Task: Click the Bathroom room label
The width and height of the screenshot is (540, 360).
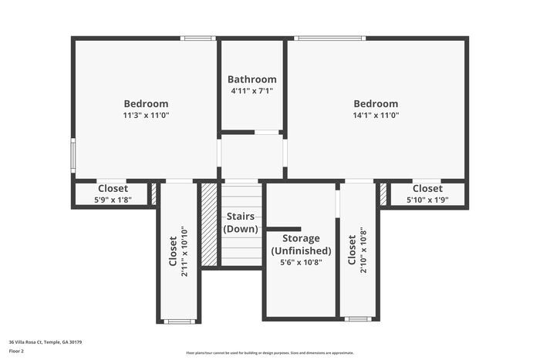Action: point(251,79)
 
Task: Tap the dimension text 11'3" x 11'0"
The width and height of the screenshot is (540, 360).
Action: point(146,116)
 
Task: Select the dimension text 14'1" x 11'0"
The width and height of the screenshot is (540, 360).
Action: point(376,116)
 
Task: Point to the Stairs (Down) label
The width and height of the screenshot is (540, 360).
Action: point(241,223)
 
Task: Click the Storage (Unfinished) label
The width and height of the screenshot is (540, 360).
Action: point(301,244)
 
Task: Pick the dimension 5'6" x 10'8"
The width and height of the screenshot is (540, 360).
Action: point(301,262)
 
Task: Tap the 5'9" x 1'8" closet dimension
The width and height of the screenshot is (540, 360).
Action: point(113,200)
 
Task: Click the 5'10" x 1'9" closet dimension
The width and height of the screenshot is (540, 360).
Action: point(427,200)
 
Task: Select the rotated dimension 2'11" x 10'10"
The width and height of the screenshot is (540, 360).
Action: point(184,251)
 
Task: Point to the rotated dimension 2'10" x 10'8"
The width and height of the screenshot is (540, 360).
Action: point(363,251)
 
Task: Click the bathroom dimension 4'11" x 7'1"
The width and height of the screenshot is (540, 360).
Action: point(251,91)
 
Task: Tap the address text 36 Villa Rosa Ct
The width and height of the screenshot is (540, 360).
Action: point(46,341)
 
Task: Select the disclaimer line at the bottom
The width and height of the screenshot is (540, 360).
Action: point(269,352)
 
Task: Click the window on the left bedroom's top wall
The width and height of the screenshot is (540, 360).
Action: point(197,38)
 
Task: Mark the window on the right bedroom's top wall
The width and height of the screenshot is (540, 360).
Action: point(329,38)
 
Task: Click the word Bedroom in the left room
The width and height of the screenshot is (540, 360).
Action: point(146,104)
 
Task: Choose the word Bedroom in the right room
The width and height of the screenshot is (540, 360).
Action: point(376,104)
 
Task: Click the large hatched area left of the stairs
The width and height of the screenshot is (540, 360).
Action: point(209,224)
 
